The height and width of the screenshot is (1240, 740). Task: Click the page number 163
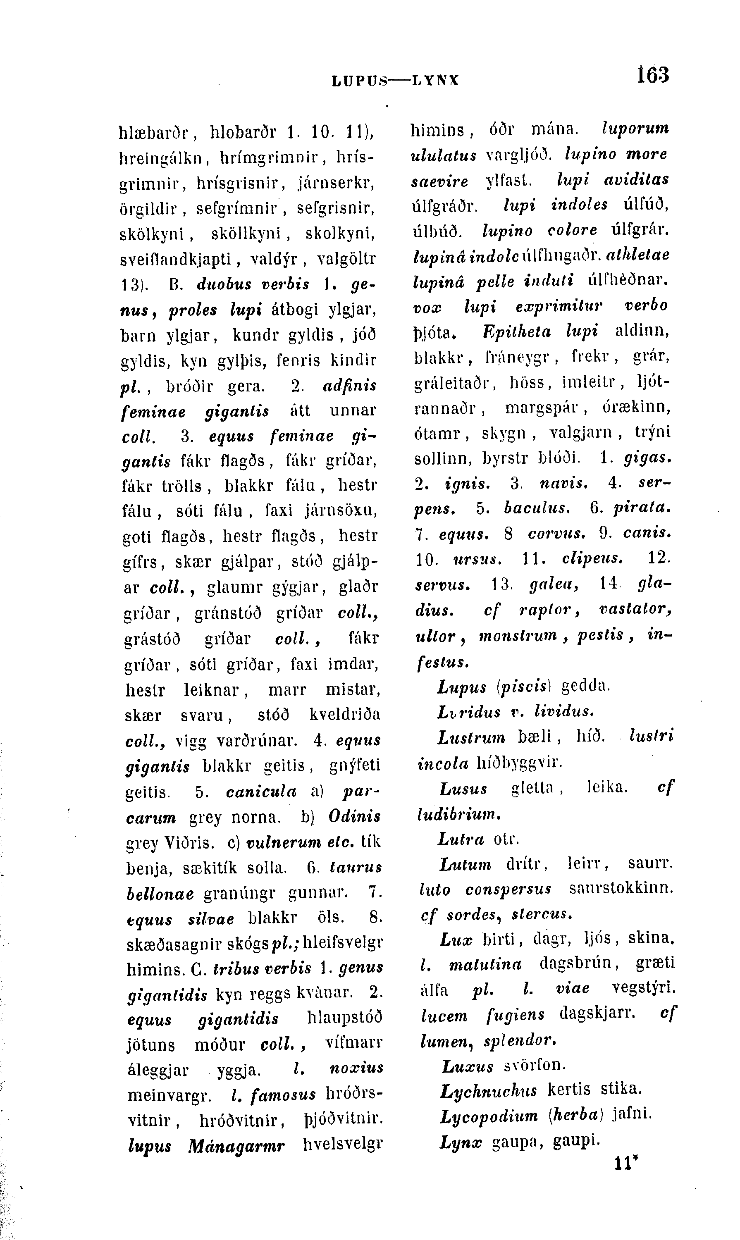[x=652, y=75]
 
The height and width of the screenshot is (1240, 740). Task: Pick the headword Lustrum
[x=471, y=737]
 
